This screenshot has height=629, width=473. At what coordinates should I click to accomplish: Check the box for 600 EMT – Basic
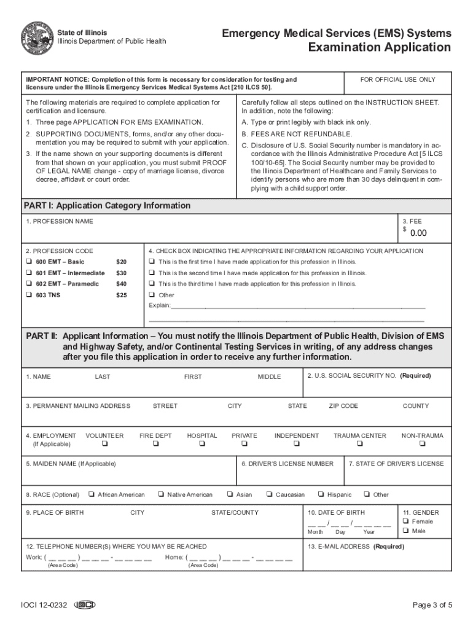[x=29, y=262]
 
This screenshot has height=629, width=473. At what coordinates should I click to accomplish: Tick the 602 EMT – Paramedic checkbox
[x=29, y=284]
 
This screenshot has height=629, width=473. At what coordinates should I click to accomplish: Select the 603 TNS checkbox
[x=29, y=295]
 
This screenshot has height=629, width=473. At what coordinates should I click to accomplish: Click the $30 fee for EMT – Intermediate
[x=121, y=273]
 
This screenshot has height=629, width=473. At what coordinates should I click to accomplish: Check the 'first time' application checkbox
[x=152, y=262]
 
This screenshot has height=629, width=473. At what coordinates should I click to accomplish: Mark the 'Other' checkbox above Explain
[x=152, y=295]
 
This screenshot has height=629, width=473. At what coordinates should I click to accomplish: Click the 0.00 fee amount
[x=418, y=233]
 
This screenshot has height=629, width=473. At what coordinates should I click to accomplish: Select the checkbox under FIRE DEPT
[x=155, y=444]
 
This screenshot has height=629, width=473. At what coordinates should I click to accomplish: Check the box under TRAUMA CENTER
[x=360, y=444]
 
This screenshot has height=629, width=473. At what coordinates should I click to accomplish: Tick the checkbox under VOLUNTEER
[x=104, y=444]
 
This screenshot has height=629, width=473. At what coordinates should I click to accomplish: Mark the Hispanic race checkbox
[x=321, y=494]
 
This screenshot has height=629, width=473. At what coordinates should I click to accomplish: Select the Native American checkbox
[x=160, y=494]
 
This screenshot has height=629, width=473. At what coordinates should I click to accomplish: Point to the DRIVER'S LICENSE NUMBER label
[x=287, y=464]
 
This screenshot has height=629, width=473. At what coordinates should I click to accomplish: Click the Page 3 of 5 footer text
[x=432, y=605]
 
